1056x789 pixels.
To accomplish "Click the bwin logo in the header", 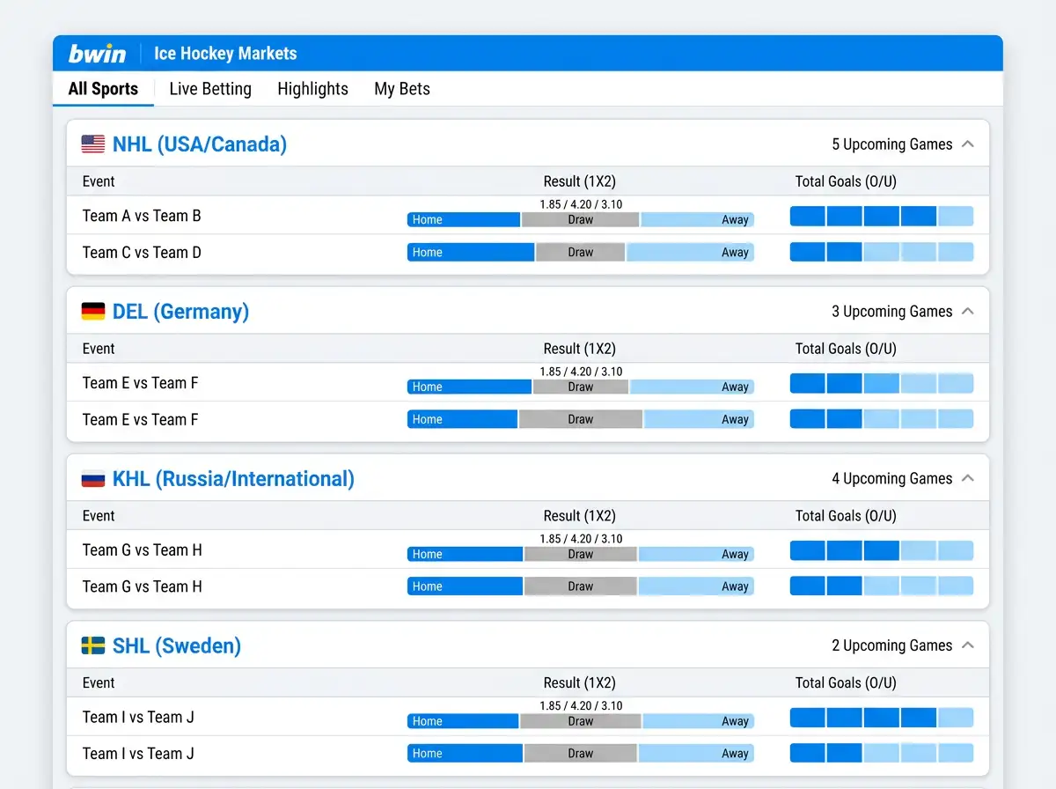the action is pyautogui.click(x=97, y=54).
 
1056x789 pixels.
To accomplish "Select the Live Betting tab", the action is pyautogui.click(x=210, y=89).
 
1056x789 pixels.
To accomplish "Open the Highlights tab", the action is pyautogui.click(x=312, y=89).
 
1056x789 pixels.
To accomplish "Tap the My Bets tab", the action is pyautogui.click(x=402, y=89).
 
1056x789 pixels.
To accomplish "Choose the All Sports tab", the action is pyautogui.click(x=103, y=89).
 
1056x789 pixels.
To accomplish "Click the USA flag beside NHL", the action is pyautogui.click(x=93, y=144).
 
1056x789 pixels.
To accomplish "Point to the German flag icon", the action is pyautogui.click(x=93, y=311).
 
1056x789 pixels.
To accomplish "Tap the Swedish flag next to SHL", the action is pyautogui.click(x=93, y=645).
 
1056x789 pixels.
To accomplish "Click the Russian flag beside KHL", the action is pyautogui.click(x=93, y=478).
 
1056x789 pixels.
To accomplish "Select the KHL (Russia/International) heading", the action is pyautogui.click(x=233, y=479).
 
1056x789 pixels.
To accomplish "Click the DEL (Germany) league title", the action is pyautogui.click(x=181, y=312).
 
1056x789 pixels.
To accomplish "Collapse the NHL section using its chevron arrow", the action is pyautogui.click(x=968, y=144).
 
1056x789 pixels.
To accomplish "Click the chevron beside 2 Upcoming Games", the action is pyautogui.click(x=968, y=645).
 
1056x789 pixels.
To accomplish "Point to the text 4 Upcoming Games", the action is pyautogui.click(x=892, y=478).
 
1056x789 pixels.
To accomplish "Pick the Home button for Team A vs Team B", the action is pyautogui.click(x=463, y=219).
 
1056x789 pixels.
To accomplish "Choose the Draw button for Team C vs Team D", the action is pyautogui.click(x=580, y=252).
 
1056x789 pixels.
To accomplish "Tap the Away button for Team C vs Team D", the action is pyautogui.click(x=691, y=252).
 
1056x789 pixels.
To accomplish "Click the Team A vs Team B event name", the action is pyautogui.click(x=142, y=216).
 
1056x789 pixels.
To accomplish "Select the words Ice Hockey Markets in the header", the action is pyautogui.click(x=225, y=54).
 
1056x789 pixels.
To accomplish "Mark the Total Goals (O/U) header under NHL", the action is pyautogui.click(x=846, y=181).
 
